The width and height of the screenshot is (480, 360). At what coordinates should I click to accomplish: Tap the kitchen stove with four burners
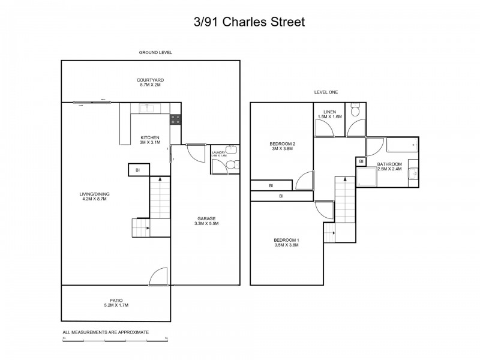[x=175, y=119]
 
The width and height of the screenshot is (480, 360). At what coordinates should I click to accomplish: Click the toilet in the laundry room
[x=233, y=163]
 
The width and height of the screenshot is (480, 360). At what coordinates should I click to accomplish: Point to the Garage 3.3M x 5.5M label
[x=206, y=221]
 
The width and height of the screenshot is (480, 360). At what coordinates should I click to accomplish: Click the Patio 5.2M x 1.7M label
[x=116, y=302]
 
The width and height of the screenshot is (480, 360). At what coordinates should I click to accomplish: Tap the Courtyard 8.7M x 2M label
[x=150, y=82]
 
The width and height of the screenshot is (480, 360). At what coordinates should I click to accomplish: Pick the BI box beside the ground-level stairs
[x=138, y=170]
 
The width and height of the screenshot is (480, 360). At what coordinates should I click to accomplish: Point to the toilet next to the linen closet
[x=355, y=110]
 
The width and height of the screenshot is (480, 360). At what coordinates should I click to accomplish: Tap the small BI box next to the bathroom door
[x=361, y=161]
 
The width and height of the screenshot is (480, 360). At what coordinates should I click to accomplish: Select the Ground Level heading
[x=155, y=53]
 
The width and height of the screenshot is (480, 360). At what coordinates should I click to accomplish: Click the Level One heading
[x=326, y=92]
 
